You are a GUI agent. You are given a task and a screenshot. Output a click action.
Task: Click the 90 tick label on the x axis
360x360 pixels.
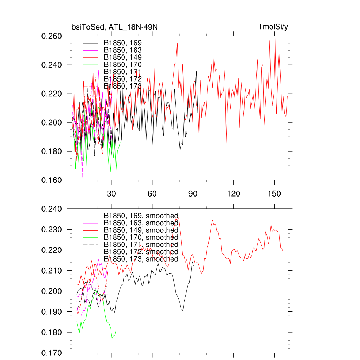(x=193, y=194)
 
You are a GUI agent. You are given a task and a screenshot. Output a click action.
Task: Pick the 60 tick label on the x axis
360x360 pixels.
(x=152, y=194)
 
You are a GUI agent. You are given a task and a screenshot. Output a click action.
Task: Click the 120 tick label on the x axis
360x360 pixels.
(x=233, y=194)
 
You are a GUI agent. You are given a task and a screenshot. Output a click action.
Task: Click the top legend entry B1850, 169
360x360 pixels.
(x=123, y=43)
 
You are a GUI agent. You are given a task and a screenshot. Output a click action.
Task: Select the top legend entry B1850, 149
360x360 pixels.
(x=123, y=57)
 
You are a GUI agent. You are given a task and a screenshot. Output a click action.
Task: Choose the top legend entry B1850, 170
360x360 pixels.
(x=123, y=64)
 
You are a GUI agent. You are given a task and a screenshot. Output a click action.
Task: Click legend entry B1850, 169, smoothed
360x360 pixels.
(x=141, y=216)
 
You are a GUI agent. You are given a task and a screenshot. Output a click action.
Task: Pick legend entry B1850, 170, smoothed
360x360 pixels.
(x=141, y=237)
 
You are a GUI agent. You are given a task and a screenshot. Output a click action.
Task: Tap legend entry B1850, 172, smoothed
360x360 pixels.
(x=141, y=252)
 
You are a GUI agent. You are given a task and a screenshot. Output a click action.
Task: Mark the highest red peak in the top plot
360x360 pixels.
(x=275, y=38)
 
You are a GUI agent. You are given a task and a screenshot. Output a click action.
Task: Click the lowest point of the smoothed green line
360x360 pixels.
(x=112, y=339)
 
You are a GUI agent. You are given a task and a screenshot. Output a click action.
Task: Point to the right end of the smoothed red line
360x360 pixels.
(x=283, y=252)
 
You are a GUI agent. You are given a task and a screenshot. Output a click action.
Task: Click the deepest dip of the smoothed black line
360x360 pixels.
(x=182, y=311)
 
